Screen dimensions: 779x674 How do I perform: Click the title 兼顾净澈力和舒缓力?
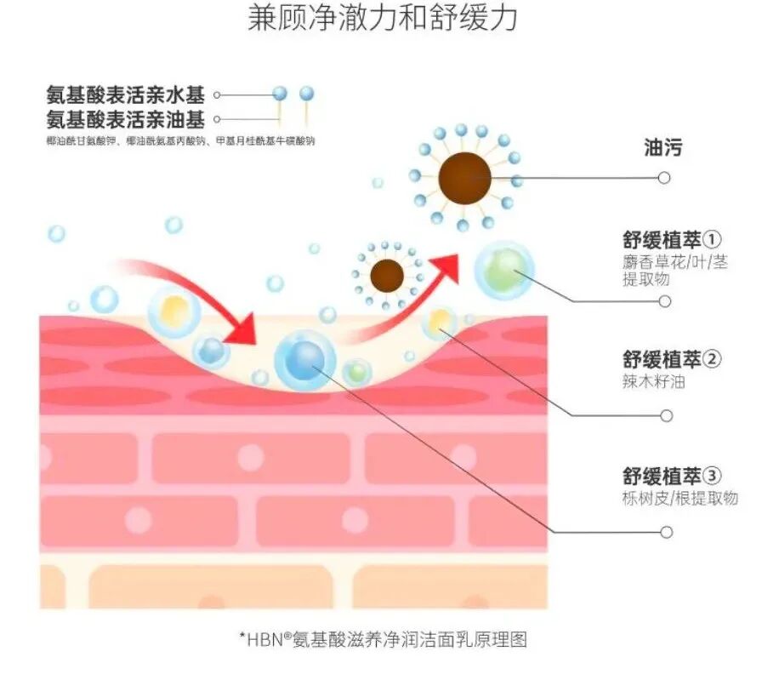point(383,19)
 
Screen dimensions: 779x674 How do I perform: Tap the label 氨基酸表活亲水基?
point(126,94)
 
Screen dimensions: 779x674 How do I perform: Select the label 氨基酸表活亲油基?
point(126,117)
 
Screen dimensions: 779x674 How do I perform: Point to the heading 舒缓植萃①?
point(672,239)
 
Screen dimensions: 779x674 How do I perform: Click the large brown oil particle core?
point(464,178)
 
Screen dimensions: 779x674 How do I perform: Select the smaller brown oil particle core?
point(389,275)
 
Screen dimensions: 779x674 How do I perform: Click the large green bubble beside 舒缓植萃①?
point(503,270)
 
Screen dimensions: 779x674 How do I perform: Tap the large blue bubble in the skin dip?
point(304,360)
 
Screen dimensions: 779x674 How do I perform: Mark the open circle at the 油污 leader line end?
point(664,178)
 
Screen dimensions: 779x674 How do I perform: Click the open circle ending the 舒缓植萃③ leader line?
point(666,532)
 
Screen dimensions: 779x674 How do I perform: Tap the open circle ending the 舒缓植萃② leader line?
point(666,416)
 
